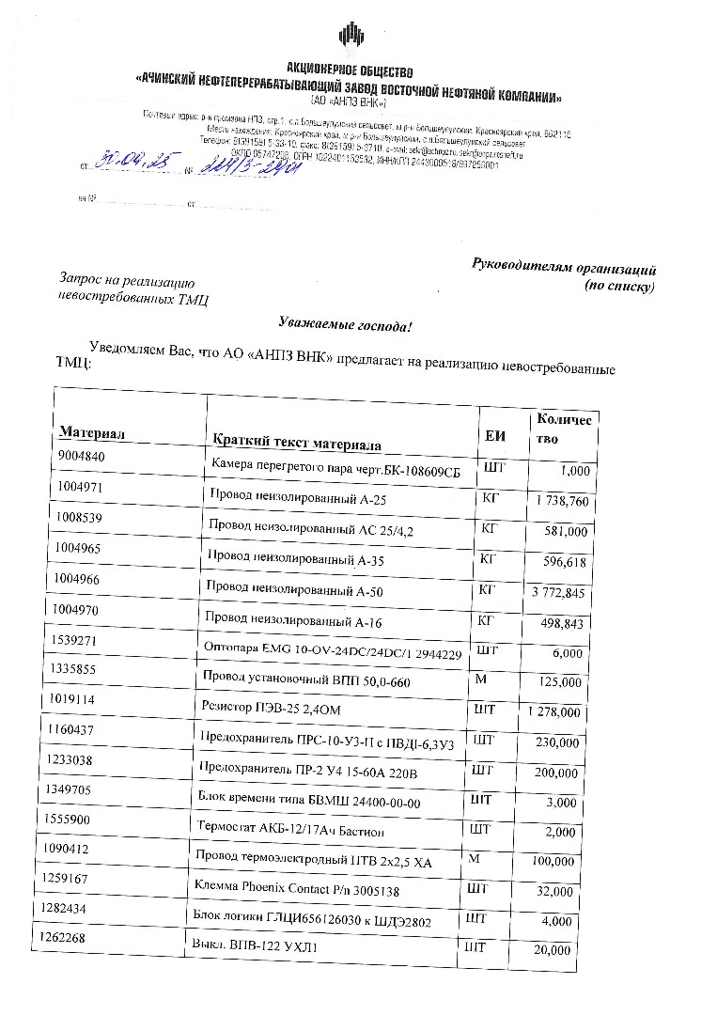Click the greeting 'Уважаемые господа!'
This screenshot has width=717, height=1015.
pos(345,325)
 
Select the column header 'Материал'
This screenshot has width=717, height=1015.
pos(93,432)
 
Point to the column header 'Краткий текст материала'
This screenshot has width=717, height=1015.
pos(296,442)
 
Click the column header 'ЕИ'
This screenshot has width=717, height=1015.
pos(494,436)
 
